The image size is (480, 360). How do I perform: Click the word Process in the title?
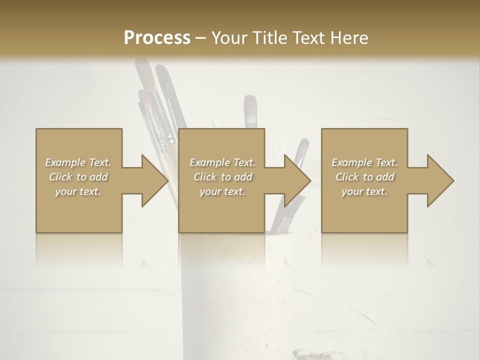pos(157,37)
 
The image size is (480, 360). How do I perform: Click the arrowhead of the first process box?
pos(154,180)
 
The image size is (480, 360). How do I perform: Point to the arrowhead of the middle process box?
pos(297,180)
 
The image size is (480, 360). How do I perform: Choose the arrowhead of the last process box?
pos(440,180)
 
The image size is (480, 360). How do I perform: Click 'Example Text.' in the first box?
pos(78,162)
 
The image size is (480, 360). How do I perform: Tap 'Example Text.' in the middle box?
pos(222,162)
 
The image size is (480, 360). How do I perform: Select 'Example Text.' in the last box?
pos(364,162)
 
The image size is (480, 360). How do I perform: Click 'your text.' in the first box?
pos(78,191)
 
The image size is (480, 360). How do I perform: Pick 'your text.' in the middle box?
pos(222,191)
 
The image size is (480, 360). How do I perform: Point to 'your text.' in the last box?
pos(364,191)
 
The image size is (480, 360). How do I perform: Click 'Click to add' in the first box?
pos(78,177)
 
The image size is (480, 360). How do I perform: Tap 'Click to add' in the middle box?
pos(222,177)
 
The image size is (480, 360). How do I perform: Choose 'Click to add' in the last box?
pos(364,177)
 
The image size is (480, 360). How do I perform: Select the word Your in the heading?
pos(229,37)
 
